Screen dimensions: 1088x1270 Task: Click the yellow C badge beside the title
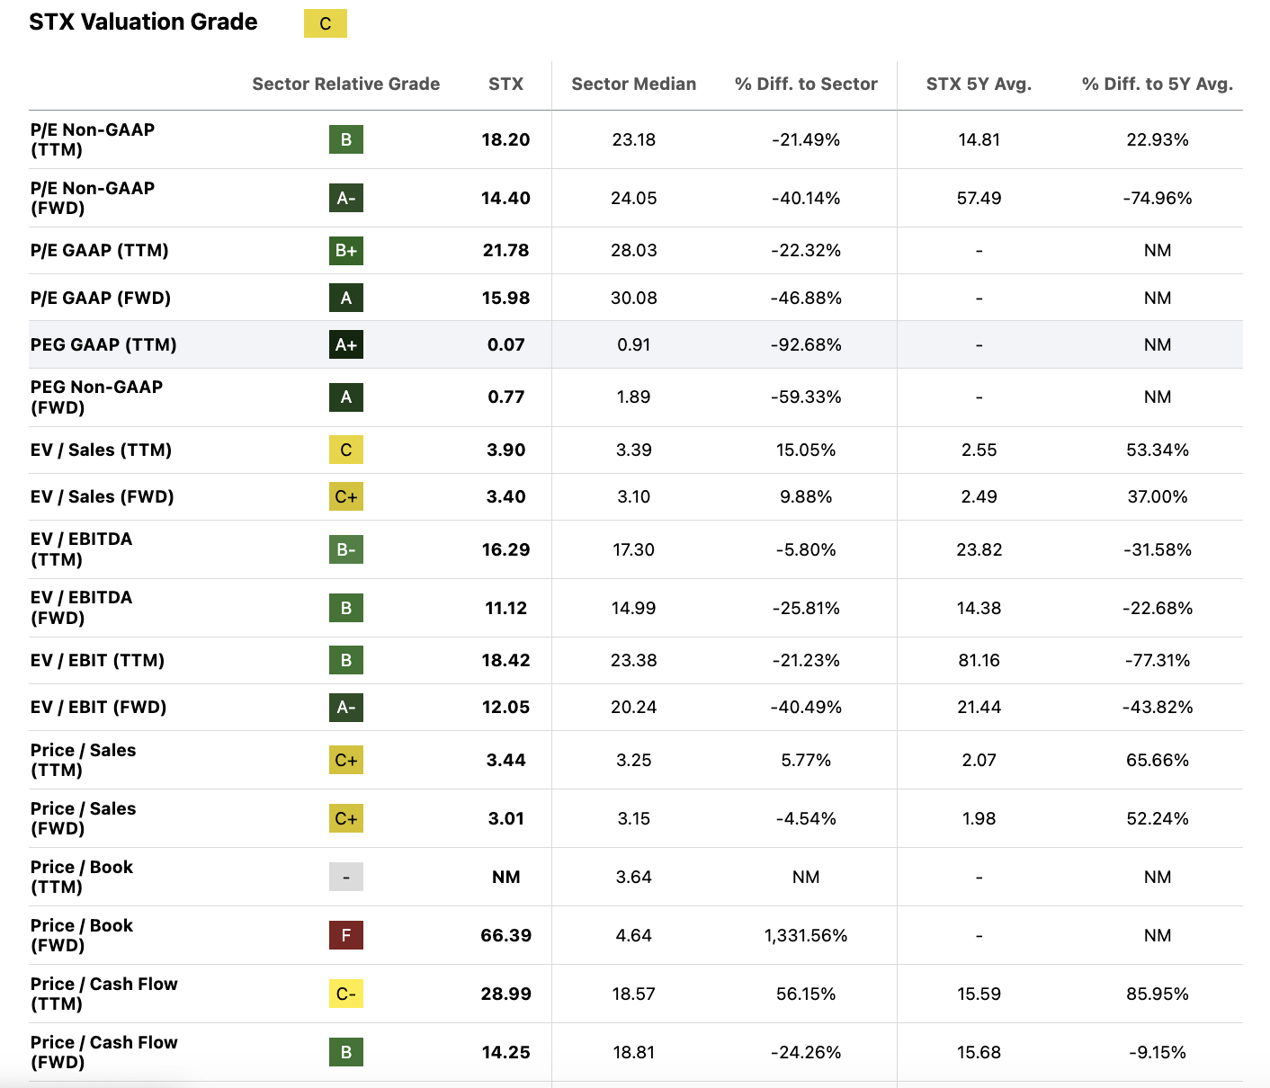[325, 24]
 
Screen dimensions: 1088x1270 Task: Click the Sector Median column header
[633, 84]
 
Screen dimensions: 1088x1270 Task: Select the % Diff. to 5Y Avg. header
[1157, 84]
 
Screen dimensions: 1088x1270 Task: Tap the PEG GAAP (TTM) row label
[103, 344]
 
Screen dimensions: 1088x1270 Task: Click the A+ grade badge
[345, 344]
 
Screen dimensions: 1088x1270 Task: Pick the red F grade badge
[345, 935]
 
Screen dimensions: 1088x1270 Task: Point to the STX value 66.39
[505, 935]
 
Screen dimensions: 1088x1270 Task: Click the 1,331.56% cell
[805, 935]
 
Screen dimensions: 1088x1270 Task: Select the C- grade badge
[345, 994]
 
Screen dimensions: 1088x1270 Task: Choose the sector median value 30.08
[633, 298]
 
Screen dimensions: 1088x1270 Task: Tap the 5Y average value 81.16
[979, 660]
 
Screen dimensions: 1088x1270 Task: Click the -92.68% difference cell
[805, 344]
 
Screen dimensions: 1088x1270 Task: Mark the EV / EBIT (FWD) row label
[99, 707]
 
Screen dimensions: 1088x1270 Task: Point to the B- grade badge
[345, 549]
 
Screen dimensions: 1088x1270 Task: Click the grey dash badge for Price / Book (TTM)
[345, 877]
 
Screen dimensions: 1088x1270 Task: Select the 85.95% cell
[1157, 994]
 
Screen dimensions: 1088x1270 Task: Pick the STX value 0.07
[505, 344]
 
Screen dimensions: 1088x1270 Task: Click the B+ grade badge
[345, 250]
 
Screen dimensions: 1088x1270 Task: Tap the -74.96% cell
[1157, 198]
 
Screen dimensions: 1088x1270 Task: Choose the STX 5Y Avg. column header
[979, 84]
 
